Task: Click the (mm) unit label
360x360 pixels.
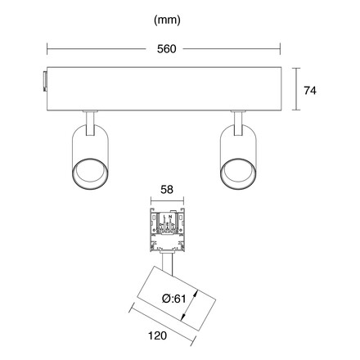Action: point(167,20)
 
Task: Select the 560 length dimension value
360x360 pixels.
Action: point(167,49)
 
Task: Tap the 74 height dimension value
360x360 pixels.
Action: point(310,91)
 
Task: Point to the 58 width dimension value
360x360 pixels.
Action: point(167,190)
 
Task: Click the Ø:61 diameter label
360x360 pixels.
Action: point(174,299)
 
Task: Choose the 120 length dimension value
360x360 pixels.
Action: point(157,335)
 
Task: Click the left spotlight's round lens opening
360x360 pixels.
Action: point(90,173)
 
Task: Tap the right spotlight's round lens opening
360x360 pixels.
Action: point(238,173)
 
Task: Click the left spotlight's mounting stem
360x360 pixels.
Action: point(90,124)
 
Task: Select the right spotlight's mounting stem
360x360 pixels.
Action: point(238,124)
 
